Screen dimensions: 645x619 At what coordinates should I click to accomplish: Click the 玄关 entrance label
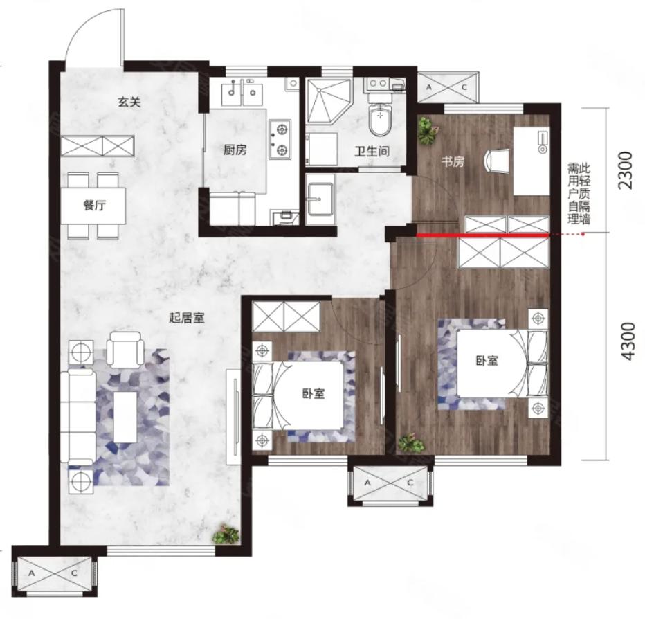(x=130, y=102)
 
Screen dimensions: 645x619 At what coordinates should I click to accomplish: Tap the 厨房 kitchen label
(x=235, y=150)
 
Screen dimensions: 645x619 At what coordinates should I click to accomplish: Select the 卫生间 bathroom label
(x=372, y=152)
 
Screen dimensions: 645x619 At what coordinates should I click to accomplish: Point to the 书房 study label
(x=453, y=161)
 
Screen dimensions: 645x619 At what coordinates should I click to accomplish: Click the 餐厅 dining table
(x=94, y=206)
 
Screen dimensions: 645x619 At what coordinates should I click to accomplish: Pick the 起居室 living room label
(x=187, y=317)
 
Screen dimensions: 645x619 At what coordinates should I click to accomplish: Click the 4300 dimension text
(x=627, y=341)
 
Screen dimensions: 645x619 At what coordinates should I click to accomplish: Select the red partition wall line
(x=483, y=235)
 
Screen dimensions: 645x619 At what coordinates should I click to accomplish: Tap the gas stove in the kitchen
(x=280, y=140)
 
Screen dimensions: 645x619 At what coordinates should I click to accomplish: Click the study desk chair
(x=497, y=161)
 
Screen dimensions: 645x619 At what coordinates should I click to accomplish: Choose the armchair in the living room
(x=125, y=349)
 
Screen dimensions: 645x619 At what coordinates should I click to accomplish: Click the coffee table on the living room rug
(x=125, y=417)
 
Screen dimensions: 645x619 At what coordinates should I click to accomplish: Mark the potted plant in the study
(x=428, y=130)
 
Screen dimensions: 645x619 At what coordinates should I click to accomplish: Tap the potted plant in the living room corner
(x=226, y=535)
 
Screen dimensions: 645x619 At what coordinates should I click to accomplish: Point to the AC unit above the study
(x=447, y=87)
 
